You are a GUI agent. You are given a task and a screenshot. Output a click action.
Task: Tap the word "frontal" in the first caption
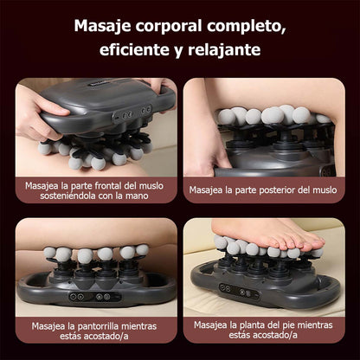(109, 185)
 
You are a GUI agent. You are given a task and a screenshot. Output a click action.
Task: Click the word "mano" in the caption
(137, 196)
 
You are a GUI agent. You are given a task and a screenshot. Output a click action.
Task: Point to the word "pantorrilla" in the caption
(98, 326)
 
